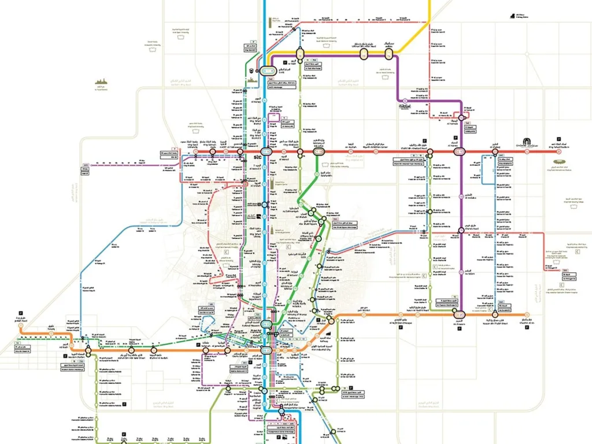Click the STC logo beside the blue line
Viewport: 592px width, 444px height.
(x=257, y=157)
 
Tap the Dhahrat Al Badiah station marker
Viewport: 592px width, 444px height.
(x=153, y=350)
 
